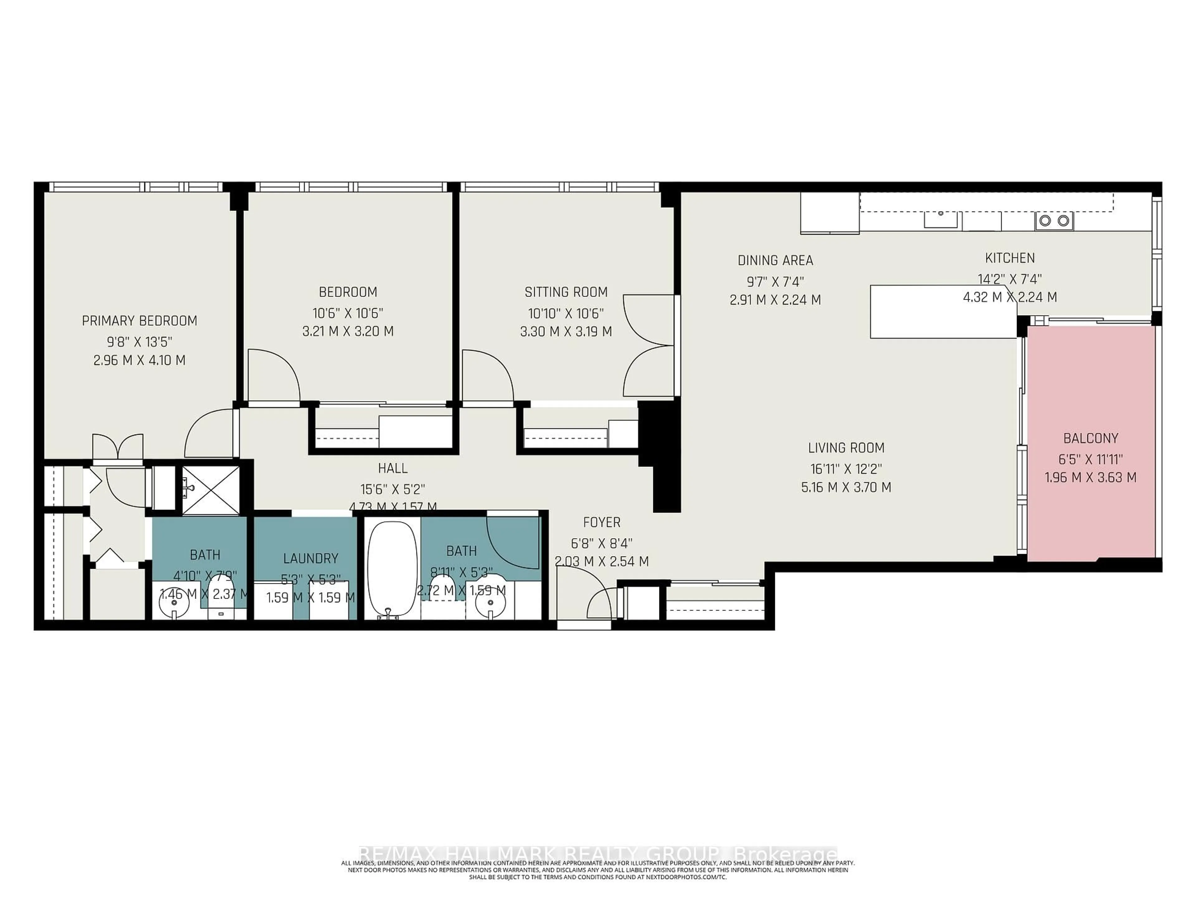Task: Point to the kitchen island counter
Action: point(943,312)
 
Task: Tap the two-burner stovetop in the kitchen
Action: point(1054,221)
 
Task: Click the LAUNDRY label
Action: point(310,558)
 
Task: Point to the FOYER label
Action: point(601,522)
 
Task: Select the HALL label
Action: point(392,468)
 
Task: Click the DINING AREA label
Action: point(775,261)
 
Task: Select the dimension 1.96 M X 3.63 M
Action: point(1090,477)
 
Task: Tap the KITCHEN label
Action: point(1009,259)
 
